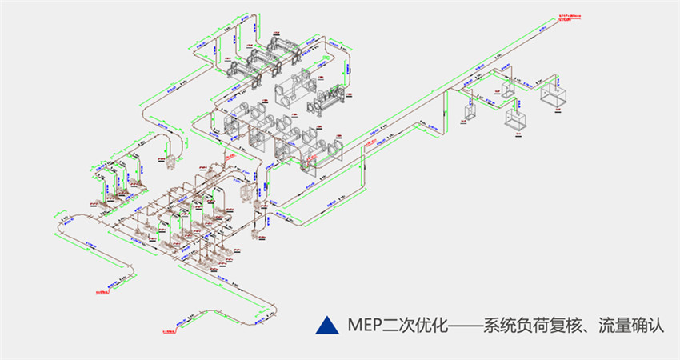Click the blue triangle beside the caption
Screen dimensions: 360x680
pos(325,325)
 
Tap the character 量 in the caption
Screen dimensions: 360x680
pos(622,326)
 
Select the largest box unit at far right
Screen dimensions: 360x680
pos(556,95)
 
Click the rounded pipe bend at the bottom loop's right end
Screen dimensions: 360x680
pos(270,304)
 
